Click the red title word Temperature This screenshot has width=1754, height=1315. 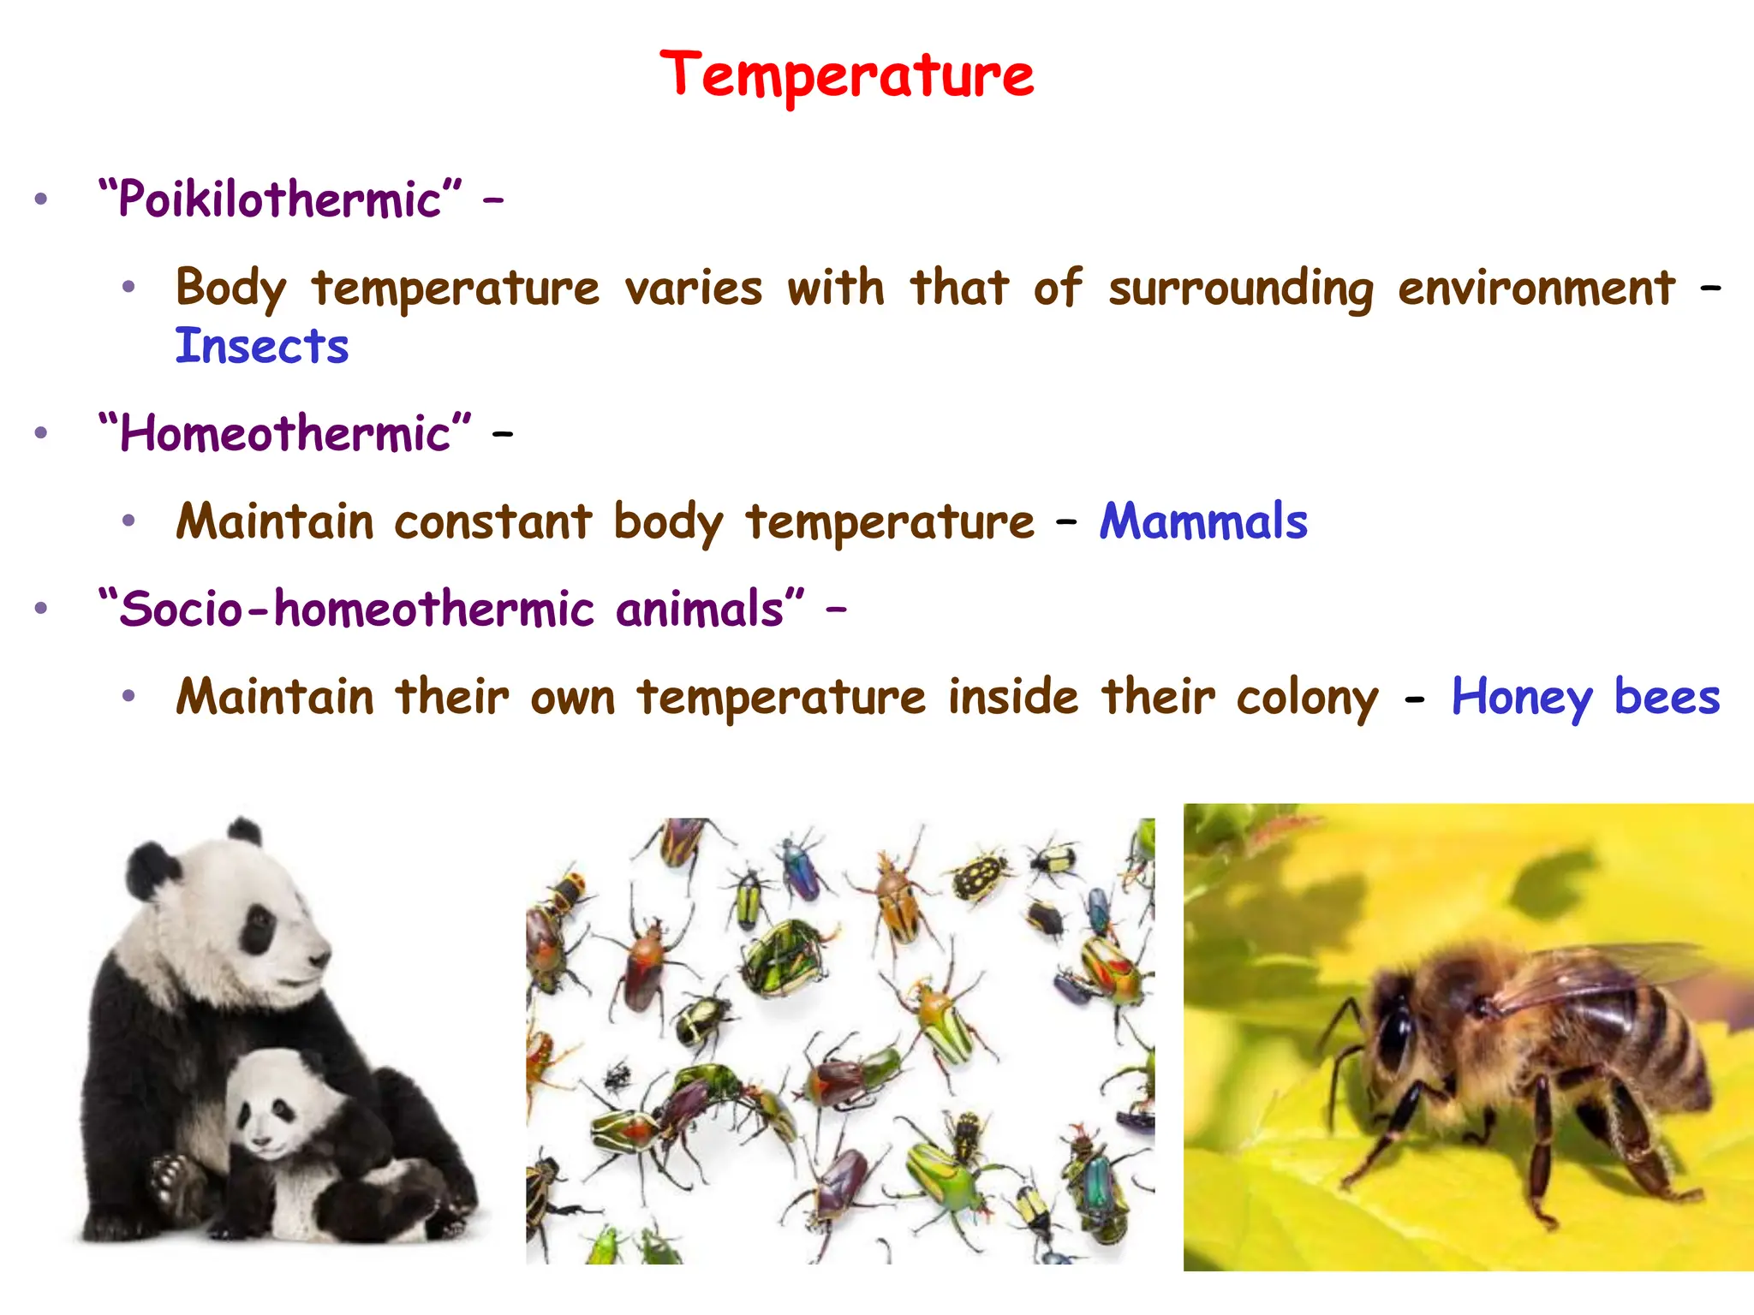point(846,75)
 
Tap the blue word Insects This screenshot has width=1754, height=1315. point(262,347)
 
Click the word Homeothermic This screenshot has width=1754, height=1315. point(284,433)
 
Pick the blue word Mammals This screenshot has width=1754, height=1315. point(1203,521)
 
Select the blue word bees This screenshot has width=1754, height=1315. point(1667,696)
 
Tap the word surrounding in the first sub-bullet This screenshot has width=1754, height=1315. point(1240,289)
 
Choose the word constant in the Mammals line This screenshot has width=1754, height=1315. point(492,521)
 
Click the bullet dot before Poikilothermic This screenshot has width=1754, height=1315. point(41,199)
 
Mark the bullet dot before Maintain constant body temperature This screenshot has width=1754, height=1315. point(128,521)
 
